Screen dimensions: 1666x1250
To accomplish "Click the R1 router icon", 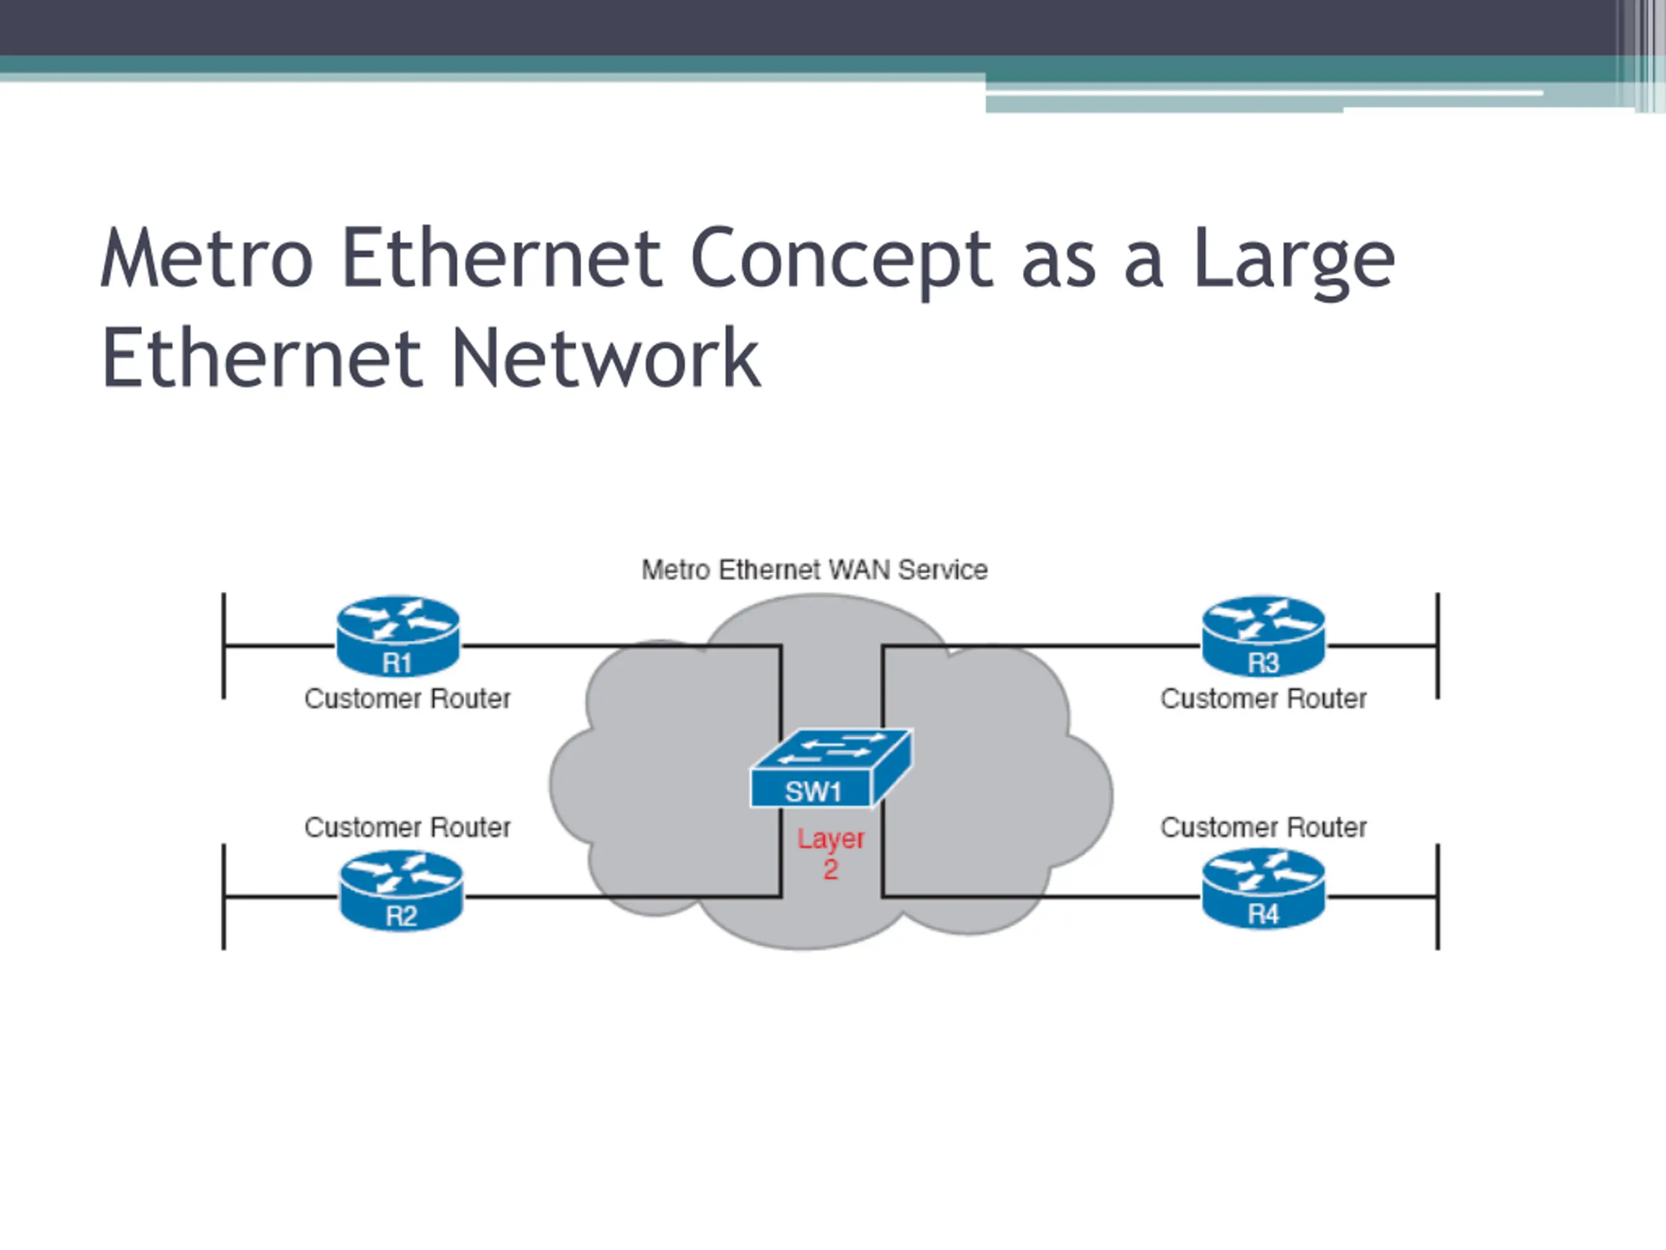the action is click(398, 637).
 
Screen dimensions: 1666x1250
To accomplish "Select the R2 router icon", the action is click(402, 891).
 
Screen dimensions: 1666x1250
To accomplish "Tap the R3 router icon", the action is click(1263, 637).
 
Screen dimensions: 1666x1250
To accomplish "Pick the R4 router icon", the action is click(1263, 889).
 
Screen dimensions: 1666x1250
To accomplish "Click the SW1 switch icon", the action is click(832, 768).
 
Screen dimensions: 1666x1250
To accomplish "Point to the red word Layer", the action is click(831, 839).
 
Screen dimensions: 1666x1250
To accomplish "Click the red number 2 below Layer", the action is click(831, 870).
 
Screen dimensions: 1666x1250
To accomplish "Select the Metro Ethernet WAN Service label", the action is click(814, 570).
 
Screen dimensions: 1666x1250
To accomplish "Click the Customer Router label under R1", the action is click(407, 699).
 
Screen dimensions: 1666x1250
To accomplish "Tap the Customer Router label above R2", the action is click(407, 827).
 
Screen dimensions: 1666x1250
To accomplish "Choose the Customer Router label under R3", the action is click(1264, 699).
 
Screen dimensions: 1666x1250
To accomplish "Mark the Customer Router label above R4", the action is click(1264, 827).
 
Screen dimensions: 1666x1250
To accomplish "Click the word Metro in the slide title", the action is click(206, 258).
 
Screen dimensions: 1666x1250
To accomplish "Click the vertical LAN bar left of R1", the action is click(224, 646).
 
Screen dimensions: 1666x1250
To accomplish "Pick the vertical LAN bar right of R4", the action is click(1438, 896).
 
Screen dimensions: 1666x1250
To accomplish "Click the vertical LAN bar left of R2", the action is click(224, 896).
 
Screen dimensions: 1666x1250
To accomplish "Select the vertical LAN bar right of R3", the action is click(1438, 646).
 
